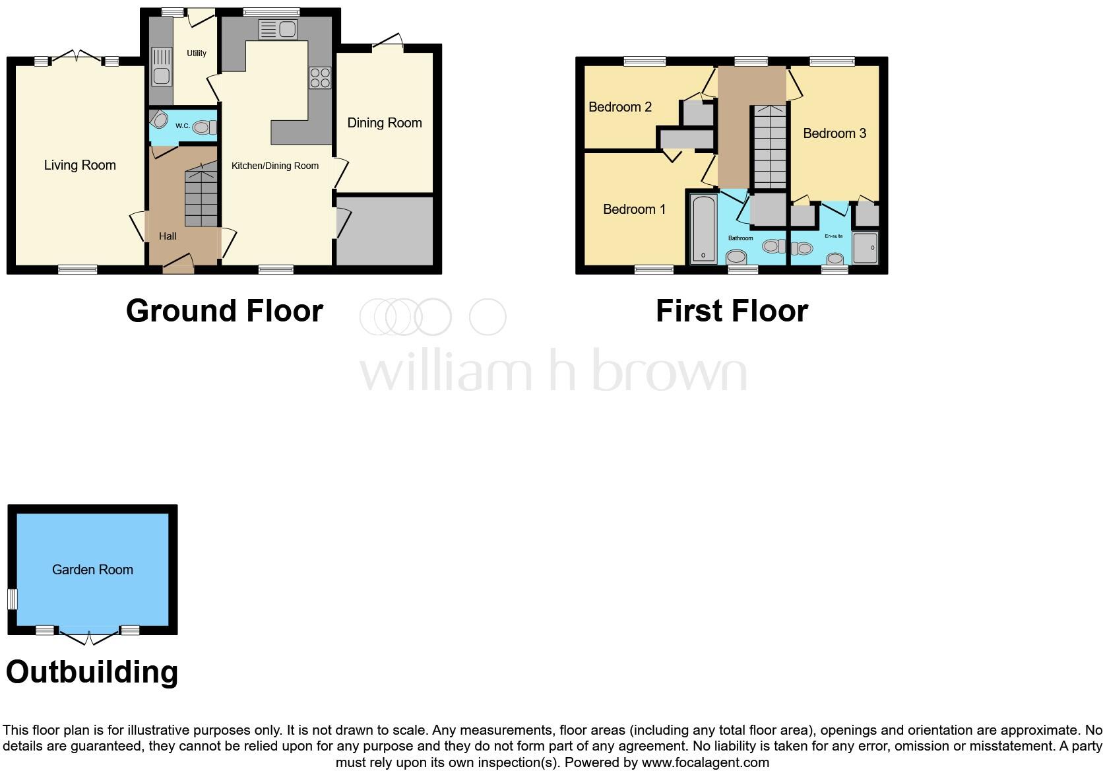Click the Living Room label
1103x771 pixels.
pyautogui.click(x=80, y=165)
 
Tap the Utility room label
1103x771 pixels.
pyautogui.click(x=197, y=53)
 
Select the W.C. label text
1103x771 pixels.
pyautogui.click(x=183, y=126)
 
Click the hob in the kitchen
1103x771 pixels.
pyautogui.click(x=320, y=78)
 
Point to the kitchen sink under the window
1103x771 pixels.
pyautogui.click(x=278, y=30)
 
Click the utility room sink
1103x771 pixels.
pyautogui.click(x=162, y=66)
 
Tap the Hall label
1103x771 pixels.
pyautogui.click(x=168, y=236)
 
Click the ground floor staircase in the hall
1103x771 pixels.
pyautogui.click(x=201, y=198)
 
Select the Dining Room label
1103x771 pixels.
pyautogui.click(x=385, y=123)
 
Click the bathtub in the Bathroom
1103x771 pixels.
pyautogui.click(x=704, y=228)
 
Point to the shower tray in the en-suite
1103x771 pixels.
pyautogui.click(x=866, y=248)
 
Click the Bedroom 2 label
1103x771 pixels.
pyautogui.click(x=620, y=107)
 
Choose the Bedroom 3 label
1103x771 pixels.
pyautogui.click(x=835, y=133)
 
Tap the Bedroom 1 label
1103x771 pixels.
pyautogui.click(x=634, y=209)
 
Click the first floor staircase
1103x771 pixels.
pyautogui.click(x=769, y=148)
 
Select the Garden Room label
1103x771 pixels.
pyautogui.click(x=92, y=570)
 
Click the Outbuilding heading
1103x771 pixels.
pyautogui.click(x=92, y=672)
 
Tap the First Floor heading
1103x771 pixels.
pyautogui.click(x=732, y=311)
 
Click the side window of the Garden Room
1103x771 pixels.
pyautogui.click(x=12, y=599)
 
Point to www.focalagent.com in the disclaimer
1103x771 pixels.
pyautogui.click(x=705, y=762)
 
